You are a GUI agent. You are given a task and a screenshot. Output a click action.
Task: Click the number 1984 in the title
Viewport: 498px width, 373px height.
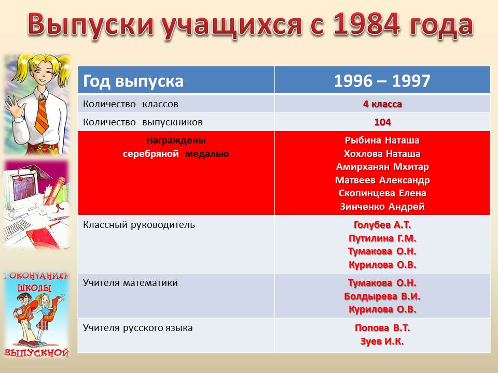[x=366, y=24]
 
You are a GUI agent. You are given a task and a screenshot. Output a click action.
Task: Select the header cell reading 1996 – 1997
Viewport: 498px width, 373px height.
[x=382, y=81]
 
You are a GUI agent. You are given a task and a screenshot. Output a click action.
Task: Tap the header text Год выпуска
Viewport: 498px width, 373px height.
[x=133, y=81]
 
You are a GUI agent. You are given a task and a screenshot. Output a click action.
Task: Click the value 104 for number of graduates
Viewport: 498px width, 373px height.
[x=382, y=122]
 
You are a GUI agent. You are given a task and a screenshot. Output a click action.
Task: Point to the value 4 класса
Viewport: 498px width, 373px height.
[x=382, y=104]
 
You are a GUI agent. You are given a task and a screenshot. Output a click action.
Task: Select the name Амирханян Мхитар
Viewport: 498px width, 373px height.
[x=382, y=167]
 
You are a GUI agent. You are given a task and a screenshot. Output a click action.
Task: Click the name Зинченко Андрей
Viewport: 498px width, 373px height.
[x=382, y=207]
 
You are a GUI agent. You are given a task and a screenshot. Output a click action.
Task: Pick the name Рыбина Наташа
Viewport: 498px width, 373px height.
[x=382, y=140]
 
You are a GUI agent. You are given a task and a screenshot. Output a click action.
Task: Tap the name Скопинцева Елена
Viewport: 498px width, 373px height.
[x=382, y=193]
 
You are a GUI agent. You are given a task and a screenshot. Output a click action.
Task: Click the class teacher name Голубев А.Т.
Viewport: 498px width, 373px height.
[x=382, y=225]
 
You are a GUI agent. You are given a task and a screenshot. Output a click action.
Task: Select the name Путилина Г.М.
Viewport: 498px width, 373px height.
[x=382, y=238]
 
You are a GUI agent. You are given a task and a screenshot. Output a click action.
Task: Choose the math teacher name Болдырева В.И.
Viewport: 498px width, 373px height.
[x=382, y=296]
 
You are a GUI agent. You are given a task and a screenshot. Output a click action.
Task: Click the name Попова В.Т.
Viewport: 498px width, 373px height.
[x=382, y=327]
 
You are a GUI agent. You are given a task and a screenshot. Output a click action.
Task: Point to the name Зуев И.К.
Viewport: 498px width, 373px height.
[x=382, y=341]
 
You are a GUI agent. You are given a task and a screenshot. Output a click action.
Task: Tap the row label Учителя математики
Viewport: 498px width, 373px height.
[x=130, y=283]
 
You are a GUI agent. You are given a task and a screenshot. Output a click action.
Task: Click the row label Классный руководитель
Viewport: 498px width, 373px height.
[x=139, y=225]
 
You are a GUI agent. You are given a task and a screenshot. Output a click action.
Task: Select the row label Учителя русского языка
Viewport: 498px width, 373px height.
[x=137, y=328]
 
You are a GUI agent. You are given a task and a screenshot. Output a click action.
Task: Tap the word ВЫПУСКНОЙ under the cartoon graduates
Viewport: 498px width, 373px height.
[x=37, y=352]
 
